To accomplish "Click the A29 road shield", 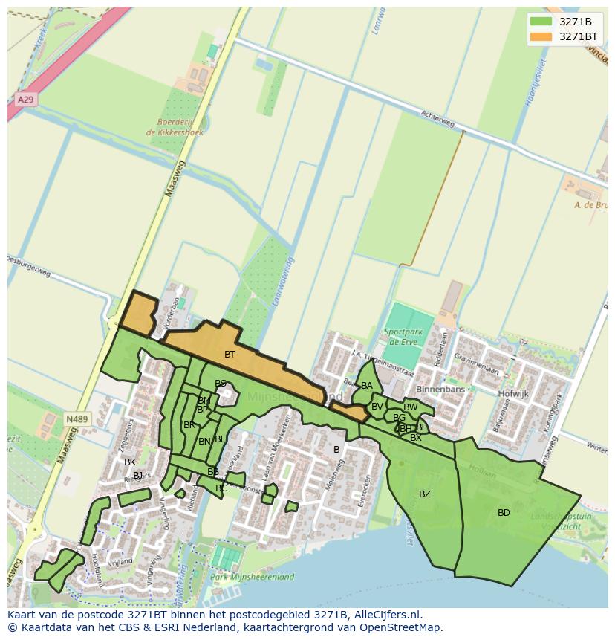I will point(25,99).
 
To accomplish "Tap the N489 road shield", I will point(77,419).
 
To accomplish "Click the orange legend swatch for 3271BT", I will point(541,36).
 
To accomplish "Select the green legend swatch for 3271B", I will point(541,21).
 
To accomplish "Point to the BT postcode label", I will point(230,355).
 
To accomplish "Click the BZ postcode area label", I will point(425,494).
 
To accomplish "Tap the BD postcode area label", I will point(504,513).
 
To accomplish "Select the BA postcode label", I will point(367,386).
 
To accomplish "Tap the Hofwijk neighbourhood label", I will point(512,394).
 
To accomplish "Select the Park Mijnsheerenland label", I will point(253,577).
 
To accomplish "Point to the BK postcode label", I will point(130,462).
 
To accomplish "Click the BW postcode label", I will point(410,407).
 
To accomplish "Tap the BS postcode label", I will point(221,384).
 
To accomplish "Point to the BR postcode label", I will point(189,425).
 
